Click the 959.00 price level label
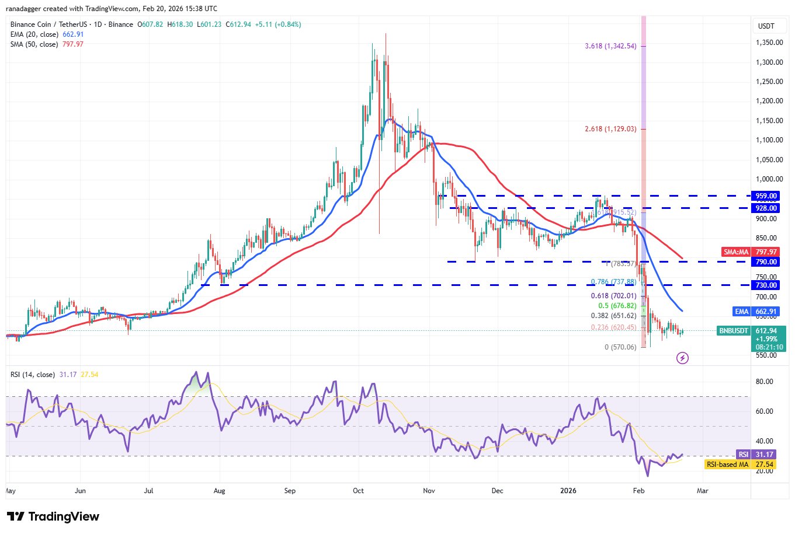(766, 196)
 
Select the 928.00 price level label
(766, 208)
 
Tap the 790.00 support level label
(766, 261)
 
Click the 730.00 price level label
(766, 285)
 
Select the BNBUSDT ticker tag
(733, 331)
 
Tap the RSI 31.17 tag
(743, 455)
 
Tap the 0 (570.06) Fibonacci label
(620, 347)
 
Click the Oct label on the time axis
(358, 491)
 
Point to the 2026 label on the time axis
(568, 491)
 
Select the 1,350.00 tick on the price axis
(769, 43)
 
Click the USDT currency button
(766, 26)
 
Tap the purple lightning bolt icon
(682, 358)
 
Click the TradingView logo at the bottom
(53, 516)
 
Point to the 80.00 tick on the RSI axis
(765, 382)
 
